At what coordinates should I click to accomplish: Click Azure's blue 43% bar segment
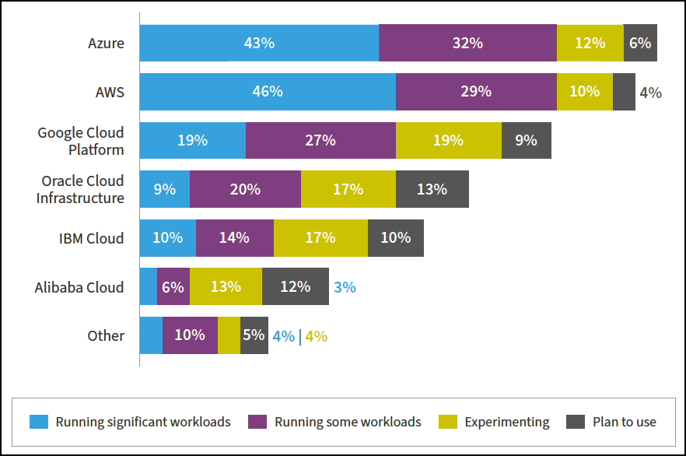click(x=259, y=43)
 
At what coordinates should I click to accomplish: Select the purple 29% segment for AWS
click(x=476, y=92)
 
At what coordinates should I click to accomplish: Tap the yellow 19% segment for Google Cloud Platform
click(x=448, y=140)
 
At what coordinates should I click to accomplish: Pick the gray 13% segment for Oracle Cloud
click(x=432, y=189)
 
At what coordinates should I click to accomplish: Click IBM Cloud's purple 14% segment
click(x=234, y=238)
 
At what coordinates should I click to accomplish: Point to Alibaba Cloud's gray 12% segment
click(x=296, y=286)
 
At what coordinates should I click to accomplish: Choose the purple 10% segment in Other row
click(x=190, y=335)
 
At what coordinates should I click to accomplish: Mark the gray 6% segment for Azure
click(x=640, y=43)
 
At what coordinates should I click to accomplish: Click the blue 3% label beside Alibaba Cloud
click(x=345, y=287)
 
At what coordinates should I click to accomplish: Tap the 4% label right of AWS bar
click(x=650, y=93)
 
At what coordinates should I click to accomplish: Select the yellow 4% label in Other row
click(x=316, y=336)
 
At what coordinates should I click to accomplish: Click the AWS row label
click(x=110, y=92)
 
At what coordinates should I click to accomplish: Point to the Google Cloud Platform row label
click(x=81, y=141)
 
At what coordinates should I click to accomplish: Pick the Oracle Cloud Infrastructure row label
click(x=80, y=189)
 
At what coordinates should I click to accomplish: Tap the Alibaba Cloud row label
click(x=79, y=287)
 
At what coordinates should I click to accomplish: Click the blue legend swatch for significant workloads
click(x=39, y=422)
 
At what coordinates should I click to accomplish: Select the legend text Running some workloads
click(x=347, y=422)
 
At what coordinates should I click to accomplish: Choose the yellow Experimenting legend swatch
click(x=448, y=422)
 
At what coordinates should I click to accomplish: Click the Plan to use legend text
click(x=624, y=422)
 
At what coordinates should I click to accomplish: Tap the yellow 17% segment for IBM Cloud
click(x=320, y=238)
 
